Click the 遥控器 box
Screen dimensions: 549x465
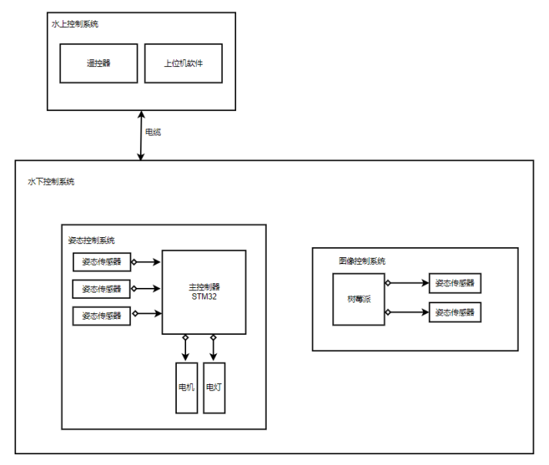[98, 63]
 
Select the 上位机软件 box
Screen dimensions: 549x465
[183, 63]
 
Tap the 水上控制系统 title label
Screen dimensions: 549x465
[75, 24]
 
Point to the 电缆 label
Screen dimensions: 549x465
[153, 132]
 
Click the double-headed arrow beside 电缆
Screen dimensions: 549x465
[141, 135]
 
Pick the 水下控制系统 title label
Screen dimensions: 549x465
[51, 181]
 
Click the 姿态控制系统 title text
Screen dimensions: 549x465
[91, 240]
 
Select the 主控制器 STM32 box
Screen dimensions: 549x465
[204, 292]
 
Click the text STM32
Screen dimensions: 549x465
[204, 296]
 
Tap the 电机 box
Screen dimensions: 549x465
[186, 387]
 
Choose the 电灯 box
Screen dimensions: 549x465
[214, 387]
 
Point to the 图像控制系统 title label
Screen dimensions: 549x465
[361, 261]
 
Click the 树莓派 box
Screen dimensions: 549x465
[358, 299]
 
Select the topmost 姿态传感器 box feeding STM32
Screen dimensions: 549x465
[101, 262]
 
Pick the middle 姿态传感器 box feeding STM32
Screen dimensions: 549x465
[101, 289]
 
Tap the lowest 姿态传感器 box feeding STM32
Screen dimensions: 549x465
[101, 316]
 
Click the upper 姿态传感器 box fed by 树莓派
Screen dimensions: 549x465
[455, 283]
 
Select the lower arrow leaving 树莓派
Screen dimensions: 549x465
[408, 312]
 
